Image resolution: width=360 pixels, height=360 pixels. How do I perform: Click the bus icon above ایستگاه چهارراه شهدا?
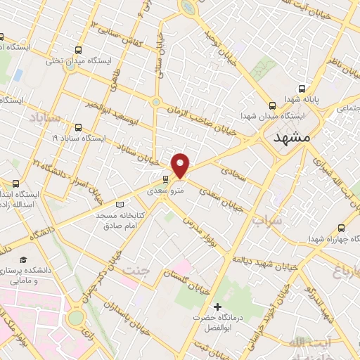pos(342,228)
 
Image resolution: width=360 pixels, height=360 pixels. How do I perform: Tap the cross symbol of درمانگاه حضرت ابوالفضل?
pos(217,306)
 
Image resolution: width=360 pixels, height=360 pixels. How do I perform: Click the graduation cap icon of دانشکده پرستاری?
pos(24,260)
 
